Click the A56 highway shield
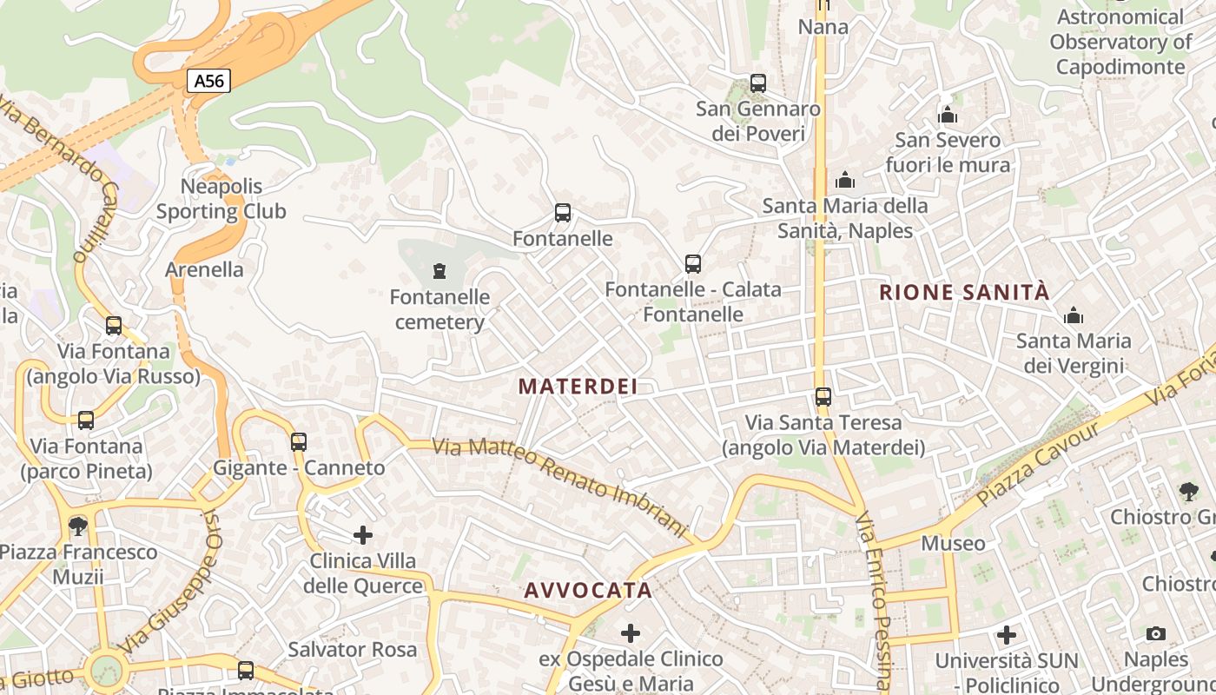tap(208, 81)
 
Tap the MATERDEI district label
tap(578, 387)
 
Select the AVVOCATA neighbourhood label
tap(588, 591)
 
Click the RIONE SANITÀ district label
tap(964, 293)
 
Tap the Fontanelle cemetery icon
tap(439, 271)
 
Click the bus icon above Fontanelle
tap(563, 212)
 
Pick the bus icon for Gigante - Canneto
tap(299, 441)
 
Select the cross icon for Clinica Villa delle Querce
tap(363, 534)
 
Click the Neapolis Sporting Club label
tap(221, 199)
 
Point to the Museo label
tap(953, 544)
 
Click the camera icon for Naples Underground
tap(1155, 633)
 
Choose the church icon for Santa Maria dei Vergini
tap(1074, 314)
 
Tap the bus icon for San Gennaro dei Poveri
tap(758, 83)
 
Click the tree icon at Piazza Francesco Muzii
tap(78, 526)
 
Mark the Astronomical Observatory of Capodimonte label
tap(1120, 42)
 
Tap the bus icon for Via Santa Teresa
tap(823, 397)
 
